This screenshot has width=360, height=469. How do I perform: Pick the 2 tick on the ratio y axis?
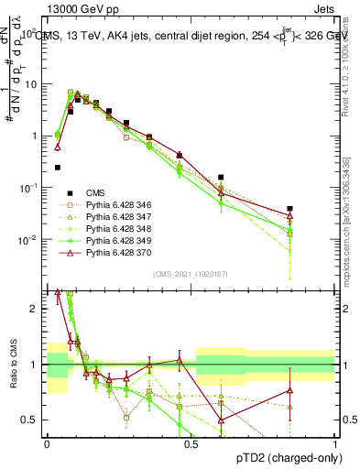coord(36,309)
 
